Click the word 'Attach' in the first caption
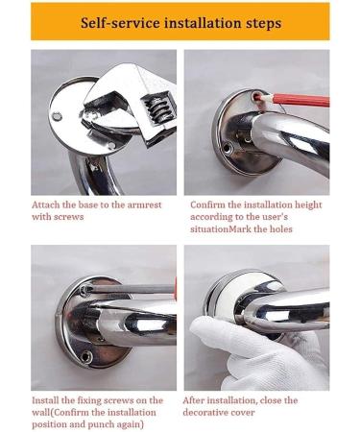49,204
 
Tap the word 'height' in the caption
310,204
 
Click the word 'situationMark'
229,229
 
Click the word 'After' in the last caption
199,399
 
